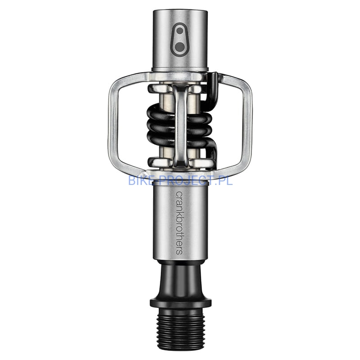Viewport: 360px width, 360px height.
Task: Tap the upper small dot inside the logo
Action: pos(180,31)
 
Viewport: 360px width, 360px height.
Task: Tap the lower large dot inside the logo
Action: pos(180,47)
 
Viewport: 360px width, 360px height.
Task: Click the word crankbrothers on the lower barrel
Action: pos(179,223)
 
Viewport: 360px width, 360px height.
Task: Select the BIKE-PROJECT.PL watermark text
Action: pos(180,180)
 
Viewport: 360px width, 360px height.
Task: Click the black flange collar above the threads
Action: pos(180,302)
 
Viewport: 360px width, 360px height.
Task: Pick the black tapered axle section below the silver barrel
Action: pos(180,279)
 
